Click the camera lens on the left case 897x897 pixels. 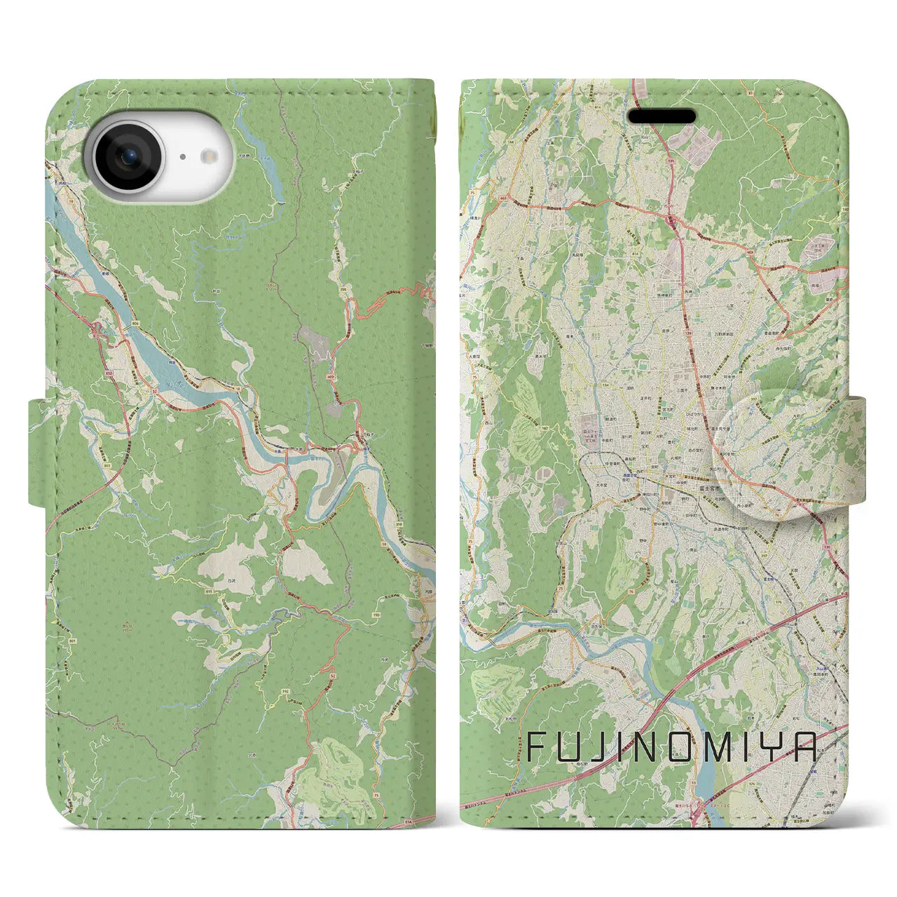pos(128,156)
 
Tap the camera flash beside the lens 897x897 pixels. pos(208,157)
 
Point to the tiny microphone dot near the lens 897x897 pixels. pos(182,158)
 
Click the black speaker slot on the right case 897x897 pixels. pos(662,116)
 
